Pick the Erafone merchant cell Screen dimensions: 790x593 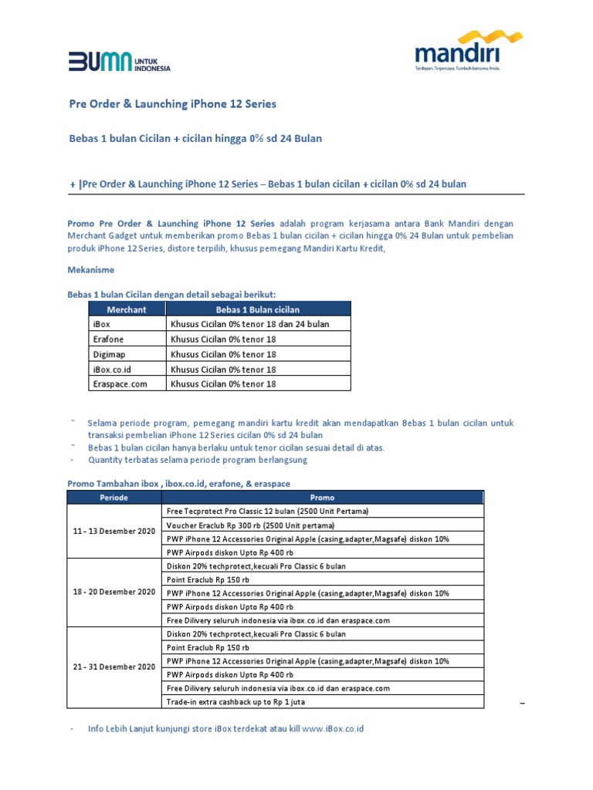pos(108,339)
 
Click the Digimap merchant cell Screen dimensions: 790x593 pos(109,354)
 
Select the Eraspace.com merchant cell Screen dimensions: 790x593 pos(119,383)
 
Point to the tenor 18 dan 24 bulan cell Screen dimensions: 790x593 pos(250,324)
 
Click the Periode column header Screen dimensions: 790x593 pos(114,498)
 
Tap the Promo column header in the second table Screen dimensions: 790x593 pos(322,498)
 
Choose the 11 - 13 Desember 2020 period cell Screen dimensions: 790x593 pos(114,532)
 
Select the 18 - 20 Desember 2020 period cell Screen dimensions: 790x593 pos(114,592)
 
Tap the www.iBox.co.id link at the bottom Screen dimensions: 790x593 pos(333,728)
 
